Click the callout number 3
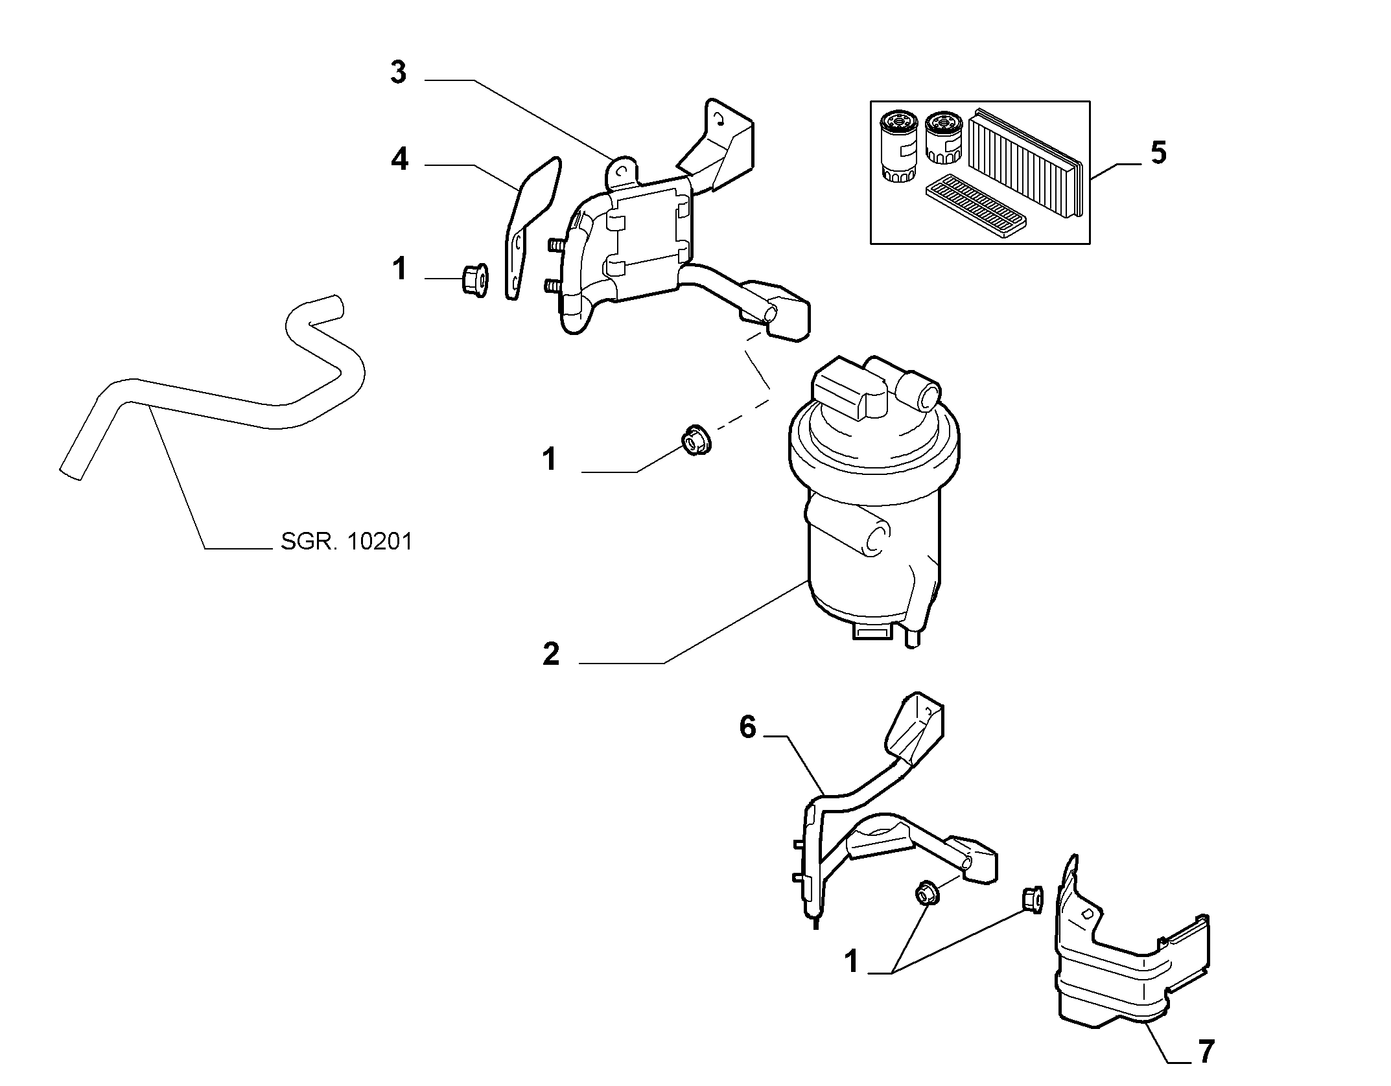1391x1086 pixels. click(x=399, y=73)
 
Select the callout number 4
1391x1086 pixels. click(x=400, y=159)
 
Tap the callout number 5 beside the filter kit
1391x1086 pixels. click(x=1158, y=153)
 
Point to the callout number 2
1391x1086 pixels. click(x=551, y=654)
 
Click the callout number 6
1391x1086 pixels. click(x=748, y=728)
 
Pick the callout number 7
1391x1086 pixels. click(x=1205, y=1052)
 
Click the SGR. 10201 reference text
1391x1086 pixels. click(x=347, y=541)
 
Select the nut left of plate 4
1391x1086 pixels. click(x=474, y=281)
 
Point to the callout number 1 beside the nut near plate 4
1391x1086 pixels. click(x=400, y=269)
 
